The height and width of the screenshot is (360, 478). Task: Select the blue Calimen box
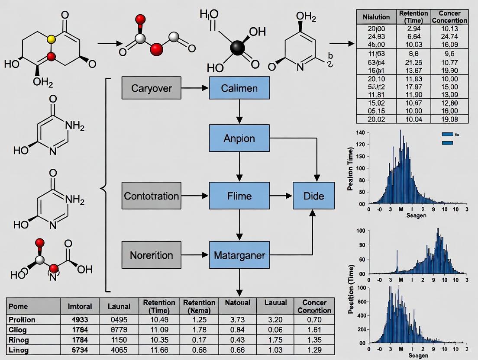[x=239, y=88]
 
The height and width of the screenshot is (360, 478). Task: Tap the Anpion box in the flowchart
[x=239, y=138]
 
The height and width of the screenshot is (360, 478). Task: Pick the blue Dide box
[x=313, y=196]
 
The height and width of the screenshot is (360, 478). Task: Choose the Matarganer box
[x=239, y=255]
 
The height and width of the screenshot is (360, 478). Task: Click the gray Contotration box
[x=152, y=196]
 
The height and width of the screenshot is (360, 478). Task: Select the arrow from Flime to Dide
[x=281, y=196]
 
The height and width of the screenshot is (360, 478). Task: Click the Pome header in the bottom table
[x=18, y=306]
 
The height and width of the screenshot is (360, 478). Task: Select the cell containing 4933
[x=80, y=320]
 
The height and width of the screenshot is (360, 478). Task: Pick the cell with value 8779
[x=119, y=329]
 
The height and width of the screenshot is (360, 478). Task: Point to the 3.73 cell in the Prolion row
[x=238, y=320]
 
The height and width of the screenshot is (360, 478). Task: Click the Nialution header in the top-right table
[x=373, y=17]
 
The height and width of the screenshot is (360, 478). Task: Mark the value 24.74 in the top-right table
[x=452, y=37]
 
